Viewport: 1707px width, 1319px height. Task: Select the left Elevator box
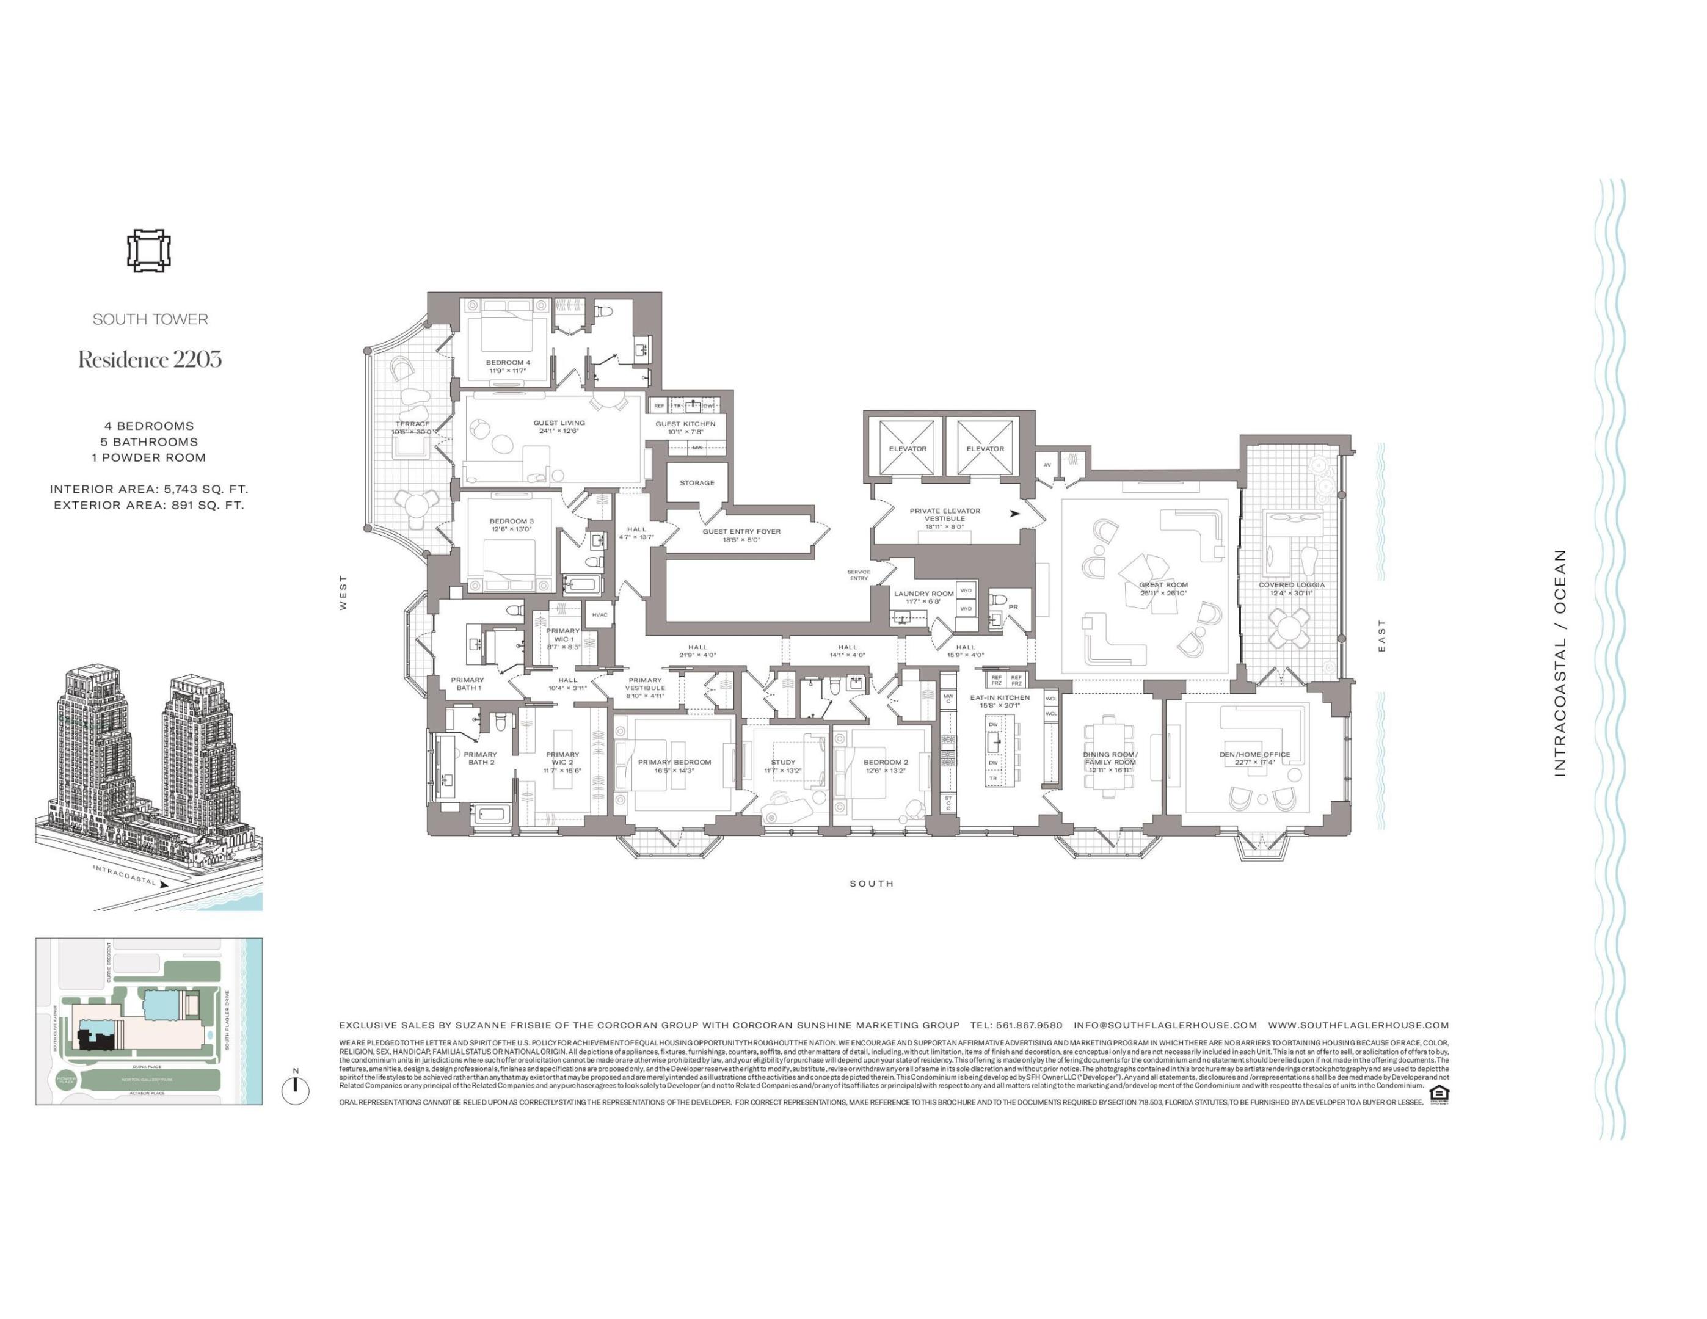[x=908, y=448]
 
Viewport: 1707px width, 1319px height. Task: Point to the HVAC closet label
[x=600, y=615]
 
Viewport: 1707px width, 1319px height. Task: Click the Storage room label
[x=696, y=483]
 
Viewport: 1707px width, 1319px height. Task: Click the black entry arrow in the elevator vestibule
[x=1014, y=514]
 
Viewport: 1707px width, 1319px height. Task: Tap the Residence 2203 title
[x=149, y=360]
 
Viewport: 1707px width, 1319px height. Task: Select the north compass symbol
[x=296, y=1089]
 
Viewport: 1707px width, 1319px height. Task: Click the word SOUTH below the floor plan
[x=872, y=884]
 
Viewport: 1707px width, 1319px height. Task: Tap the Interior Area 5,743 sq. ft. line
[x=148, y=489]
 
